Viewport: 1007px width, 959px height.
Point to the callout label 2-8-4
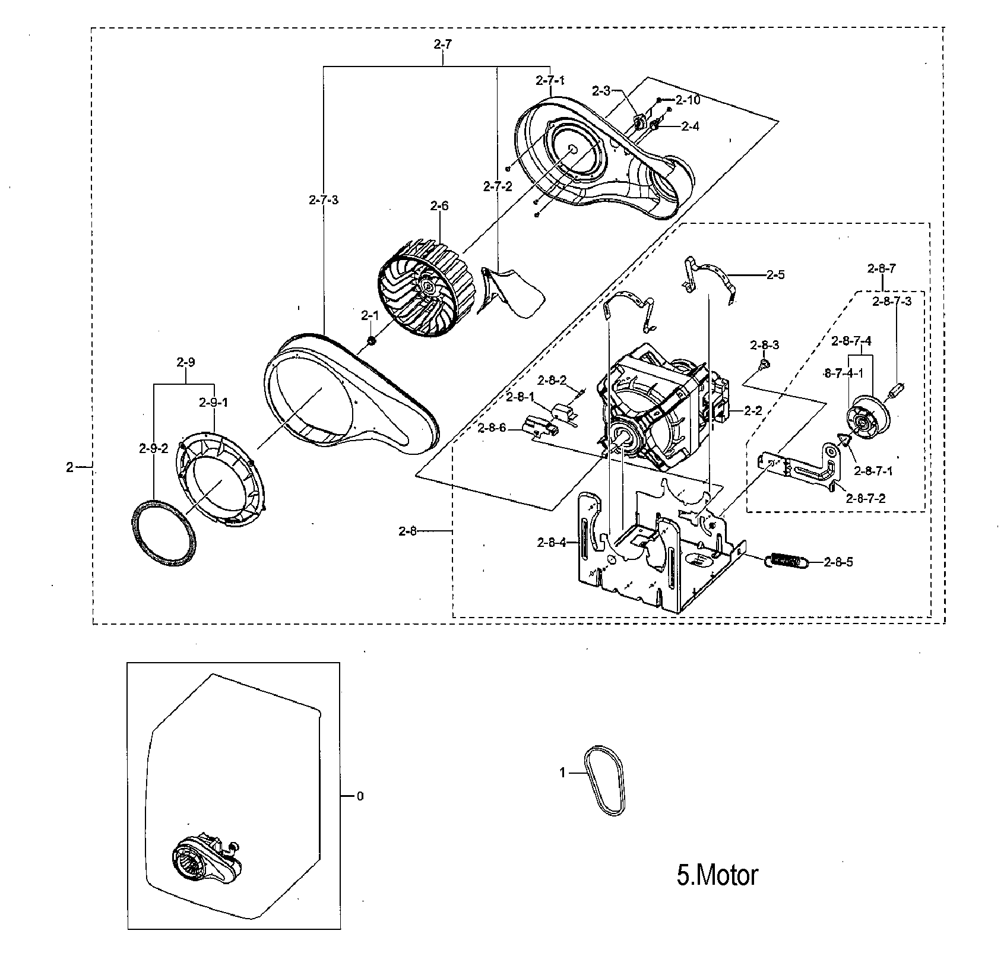pyautogui.click(x=552, y=542)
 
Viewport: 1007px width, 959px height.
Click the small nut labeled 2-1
pyautogui.click(x=371, y=341)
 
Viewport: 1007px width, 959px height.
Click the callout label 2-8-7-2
pyautogui.click(x=866, y=498)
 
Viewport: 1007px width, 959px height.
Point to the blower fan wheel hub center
pyautogui.click(x=426, y=287)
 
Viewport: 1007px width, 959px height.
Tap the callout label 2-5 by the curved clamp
pyautogui.click(x=775, y=274)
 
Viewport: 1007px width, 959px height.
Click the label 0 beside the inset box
pyautogui.click(x=360, y=796)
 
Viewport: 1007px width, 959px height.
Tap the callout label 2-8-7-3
pyautogui.click(x=892, y=301)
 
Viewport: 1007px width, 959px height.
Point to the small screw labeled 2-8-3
pyautogui.click(x=765, y=362)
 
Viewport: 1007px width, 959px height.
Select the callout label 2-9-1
pyautogui.click(x=213, y=402)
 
